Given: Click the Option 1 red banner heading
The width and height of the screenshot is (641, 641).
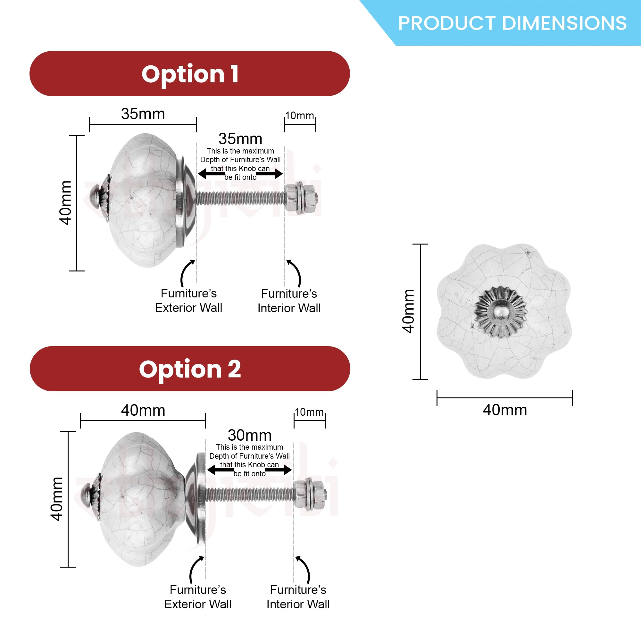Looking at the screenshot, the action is point(190,74).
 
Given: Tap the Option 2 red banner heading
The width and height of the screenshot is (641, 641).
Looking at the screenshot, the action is point(190,369).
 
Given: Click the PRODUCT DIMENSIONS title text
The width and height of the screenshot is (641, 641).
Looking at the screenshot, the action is point(512,23).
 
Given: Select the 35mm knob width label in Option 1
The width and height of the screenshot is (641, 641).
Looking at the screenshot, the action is point(143,114).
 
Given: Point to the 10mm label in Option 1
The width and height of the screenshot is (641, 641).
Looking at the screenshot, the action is point(300,116).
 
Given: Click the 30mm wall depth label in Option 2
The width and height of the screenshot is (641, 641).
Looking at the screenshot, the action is point(249,435).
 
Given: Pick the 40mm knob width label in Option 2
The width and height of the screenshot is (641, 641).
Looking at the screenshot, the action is point(143,411).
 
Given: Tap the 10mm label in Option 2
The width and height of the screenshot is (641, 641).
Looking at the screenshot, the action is point(309,412).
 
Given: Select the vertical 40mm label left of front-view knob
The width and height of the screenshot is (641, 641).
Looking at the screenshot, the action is point(408,311).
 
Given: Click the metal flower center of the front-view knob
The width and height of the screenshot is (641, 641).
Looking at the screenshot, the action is point(501,312).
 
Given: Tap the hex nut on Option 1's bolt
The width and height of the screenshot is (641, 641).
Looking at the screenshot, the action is point(292,198).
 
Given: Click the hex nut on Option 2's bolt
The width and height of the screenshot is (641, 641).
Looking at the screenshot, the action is point(301,494).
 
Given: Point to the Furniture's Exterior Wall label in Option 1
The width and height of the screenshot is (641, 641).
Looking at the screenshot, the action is point(188,301).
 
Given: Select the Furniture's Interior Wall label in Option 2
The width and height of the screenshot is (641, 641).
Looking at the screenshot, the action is point(298,597).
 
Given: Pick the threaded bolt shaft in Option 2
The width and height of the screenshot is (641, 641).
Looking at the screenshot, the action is point(249,494).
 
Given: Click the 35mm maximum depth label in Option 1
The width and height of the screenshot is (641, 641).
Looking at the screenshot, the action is point(240,139).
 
